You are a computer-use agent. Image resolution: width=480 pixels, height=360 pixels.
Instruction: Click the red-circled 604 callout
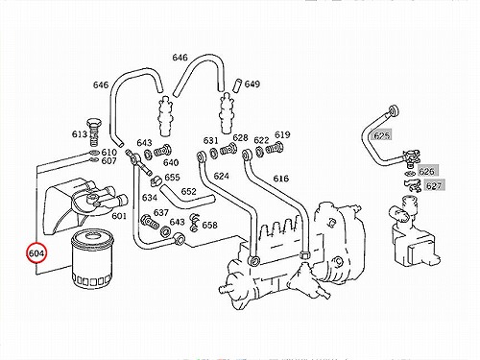coord(36,252)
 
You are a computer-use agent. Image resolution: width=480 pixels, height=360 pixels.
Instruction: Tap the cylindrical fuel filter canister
coord(92,259)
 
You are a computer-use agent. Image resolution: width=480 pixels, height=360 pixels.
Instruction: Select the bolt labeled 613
coord(93,132)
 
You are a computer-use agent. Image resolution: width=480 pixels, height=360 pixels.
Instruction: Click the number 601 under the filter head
coord(119,216)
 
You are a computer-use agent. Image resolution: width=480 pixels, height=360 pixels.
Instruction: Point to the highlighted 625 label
coord(381,135)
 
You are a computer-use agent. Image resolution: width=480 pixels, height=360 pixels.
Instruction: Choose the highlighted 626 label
coord(426,172)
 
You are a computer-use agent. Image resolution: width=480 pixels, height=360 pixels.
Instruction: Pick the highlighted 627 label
coord(434,185)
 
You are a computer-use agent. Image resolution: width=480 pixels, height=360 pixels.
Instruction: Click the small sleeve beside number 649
coord(238,84)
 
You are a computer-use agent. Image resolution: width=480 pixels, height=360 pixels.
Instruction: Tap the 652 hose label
coord(188,191)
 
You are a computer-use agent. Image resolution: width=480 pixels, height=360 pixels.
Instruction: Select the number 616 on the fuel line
coord(280,179)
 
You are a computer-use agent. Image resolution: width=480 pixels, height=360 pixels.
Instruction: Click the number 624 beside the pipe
coord(221,176)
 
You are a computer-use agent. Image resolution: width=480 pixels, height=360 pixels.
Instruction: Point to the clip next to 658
coord(194,222)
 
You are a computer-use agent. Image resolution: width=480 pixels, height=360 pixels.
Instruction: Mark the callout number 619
coord(282,134)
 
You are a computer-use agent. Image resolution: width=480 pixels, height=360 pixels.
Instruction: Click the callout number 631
coord(210,140)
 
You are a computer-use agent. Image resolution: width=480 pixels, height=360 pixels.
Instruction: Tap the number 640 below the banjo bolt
coord(171,162)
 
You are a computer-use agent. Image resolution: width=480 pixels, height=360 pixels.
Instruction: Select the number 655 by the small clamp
coord(172,177)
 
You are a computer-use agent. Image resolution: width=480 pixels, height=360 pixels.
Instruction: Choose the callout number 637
coord(160,212)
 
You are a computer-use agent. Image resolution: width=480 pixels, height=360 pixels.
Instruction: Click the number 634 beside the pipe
coord(150,198)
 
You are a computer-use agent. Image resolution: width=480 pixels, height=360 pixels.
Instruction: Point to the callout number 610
coord(108,153)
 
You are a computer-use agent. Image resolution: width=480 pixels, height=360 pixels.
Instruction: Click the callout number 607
coord(108,160)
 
